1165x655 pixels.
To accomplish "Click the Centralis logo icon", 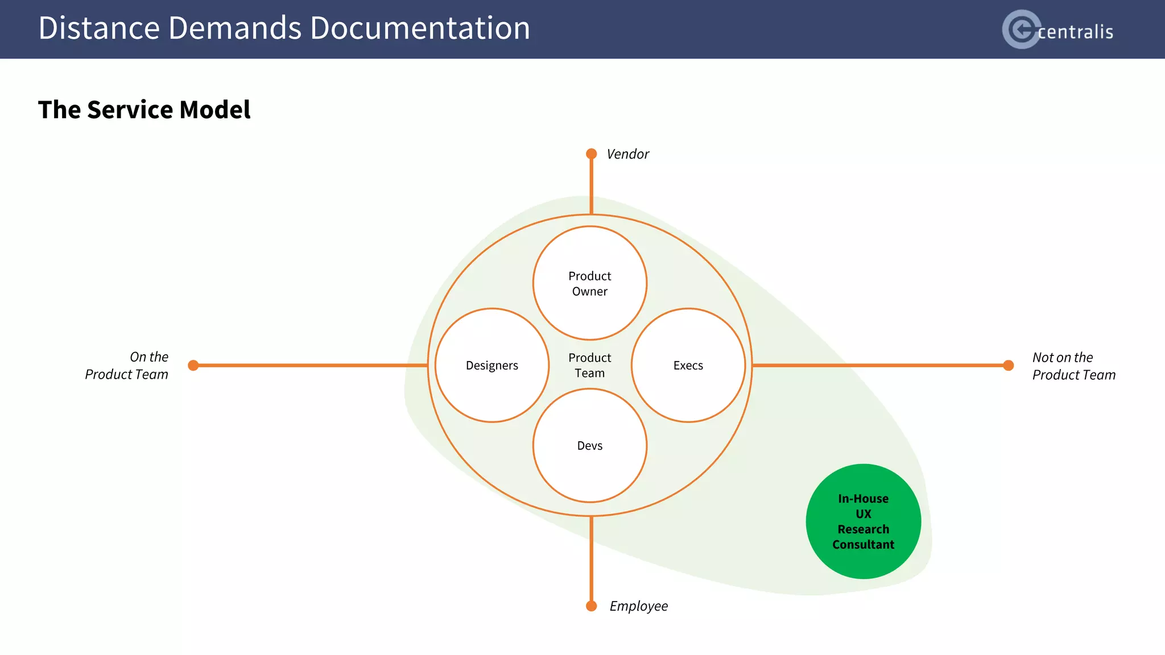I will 1021,29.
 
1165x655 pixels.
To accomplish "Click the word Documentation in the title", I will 420,28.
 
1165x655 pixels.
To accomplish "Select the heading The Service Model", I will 144,110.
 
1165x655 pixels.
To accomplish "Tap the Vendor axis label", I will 627,154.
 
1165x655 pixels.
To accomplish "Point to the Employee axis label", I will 638,606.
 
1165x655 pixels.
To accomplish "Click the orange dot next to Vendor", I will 592,154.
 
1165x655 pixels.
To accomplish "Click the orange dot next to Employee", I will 592,606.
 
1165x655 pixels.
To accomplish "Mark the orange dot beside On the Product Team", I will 193,366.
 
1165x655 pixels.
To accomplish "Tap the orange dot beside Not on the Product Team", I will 1009,366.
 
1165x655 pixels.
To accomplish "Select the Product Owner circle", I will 590,283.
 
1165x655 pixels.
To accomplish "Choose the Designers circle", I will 492,366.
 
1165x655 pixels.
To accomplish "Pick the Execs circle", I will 688,366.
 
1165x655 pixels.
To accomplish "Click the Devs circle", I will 590,446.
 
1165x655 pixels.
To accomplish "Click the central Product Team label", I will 590,366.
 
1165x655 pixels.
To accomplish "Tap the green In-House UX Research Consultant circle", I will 864,521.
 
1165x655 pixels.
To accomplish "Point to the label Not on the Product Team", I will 1073,366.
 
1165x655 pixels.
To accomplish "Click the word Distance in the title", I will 99,28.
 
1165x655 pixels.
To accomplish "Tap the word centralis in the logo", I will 1075,32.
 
